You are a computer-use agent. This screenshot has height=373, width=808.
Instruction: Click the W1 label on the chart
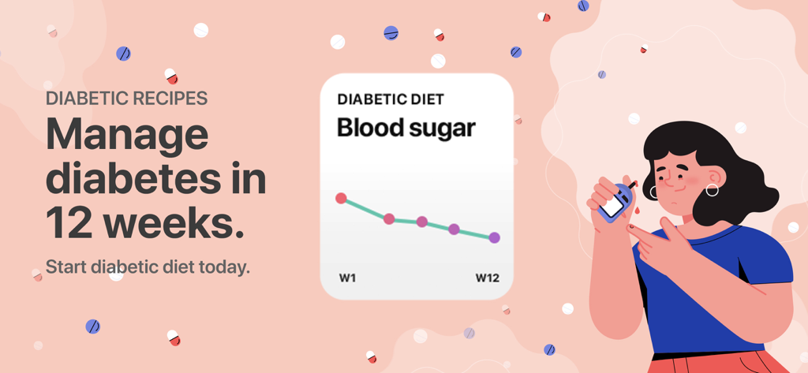click(348, 278)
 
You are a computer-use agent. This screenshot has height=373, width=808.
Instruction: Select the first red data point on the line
click(341, 198)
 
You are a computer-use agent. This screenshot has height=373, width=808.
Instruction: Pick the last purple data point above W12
click(494, 237)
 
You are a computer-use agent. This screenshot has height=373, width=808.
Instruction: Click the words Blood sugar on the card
click(406, 128)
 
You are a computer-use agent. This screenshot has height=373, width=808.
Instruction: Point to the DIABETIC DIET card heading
click(390, 99)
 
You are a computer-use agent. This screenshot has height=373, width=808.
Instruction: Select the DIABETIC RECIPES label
click(126, 99)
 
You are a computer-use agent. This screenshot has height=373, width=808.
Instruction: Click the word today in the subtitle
click(226, 267)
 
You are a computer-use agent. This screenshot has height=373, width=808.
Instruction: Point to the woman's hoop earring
click(712, 190)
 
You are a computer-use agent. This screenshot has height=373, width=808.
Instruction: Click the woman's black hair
click(734, 158)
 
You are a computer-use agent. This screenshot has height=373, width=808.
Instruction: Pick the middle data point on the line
click(421, 222)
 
